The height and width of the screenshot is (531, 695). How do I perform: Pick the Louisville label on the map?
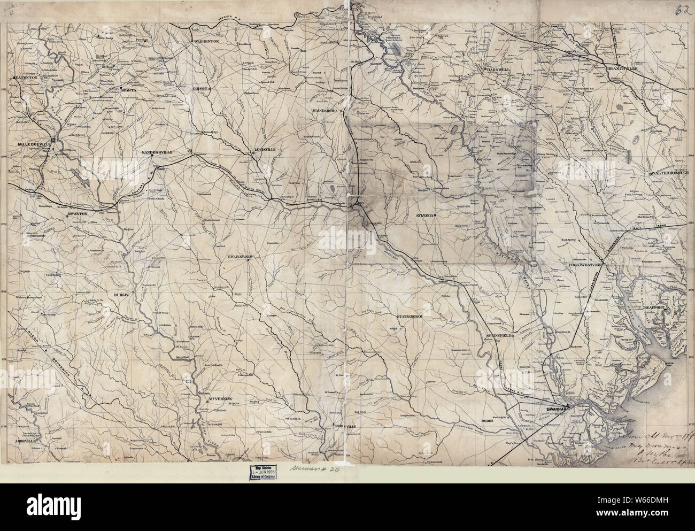265,150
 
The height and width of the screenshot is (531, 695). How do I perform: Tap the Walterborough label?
671,173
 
